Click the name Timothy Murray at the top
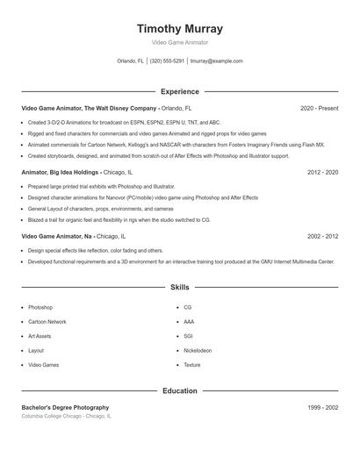[x=180, y=28]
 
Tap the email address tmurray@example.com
[x=216, y=61]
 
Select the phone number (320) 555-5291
[x=167, y=61]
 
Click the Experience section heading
[x=180, y=91]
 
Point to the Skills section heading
[x=180, y=287]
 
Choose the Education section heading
[x=180, y=390]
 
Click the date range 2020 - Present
[x=319, y=108]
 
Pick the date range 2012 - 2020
[x=322, y=173]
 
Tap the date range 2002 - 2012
[x=322, y=237]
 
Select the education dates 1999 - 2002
[x=322, y=407]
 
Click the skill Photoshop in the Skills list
[x=40, y=308]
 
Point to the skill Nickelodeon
[x=198, y=351]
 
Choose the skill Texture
[x=192, y=365]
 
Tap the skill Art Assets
[x=40, y=336]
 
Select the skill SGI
[x=188, y=336]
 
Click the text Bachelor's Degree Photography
[x=66, y=407]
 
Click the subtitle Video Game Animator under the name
[x=180, y=42]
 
